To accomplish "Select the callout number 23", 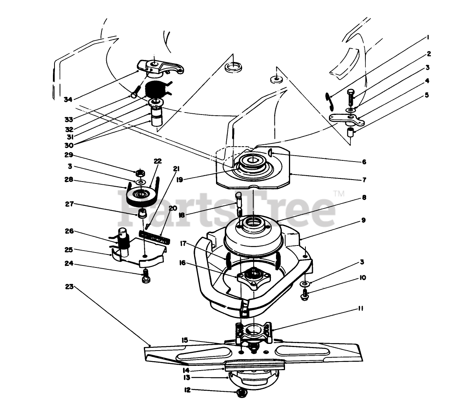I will [x=69, y=287].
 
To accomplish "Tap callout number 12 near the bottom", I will [x=187, y=390].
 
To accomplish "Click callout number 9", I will [x=363, y=220].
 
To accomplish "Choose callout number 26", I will [x=69, y=231].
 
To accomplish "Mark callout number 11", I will [x=360, y=309].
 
